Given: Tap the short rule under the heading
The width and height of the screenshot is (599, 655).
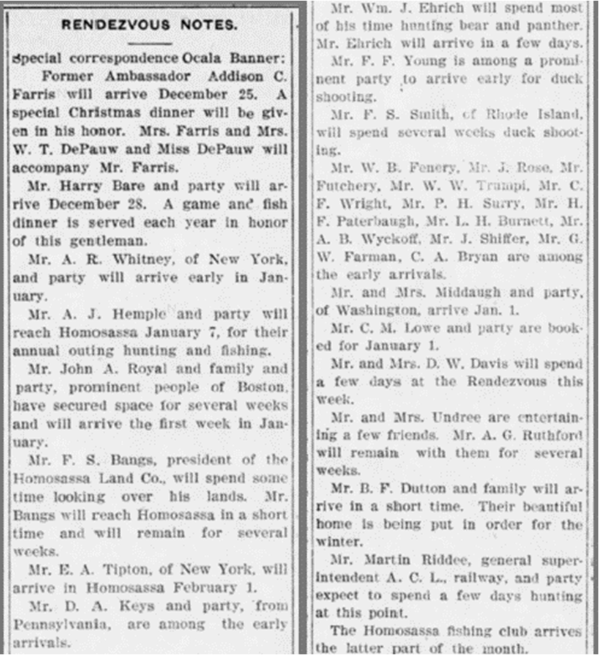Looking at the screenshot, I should pyautogui.click(x=151, y=43).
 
